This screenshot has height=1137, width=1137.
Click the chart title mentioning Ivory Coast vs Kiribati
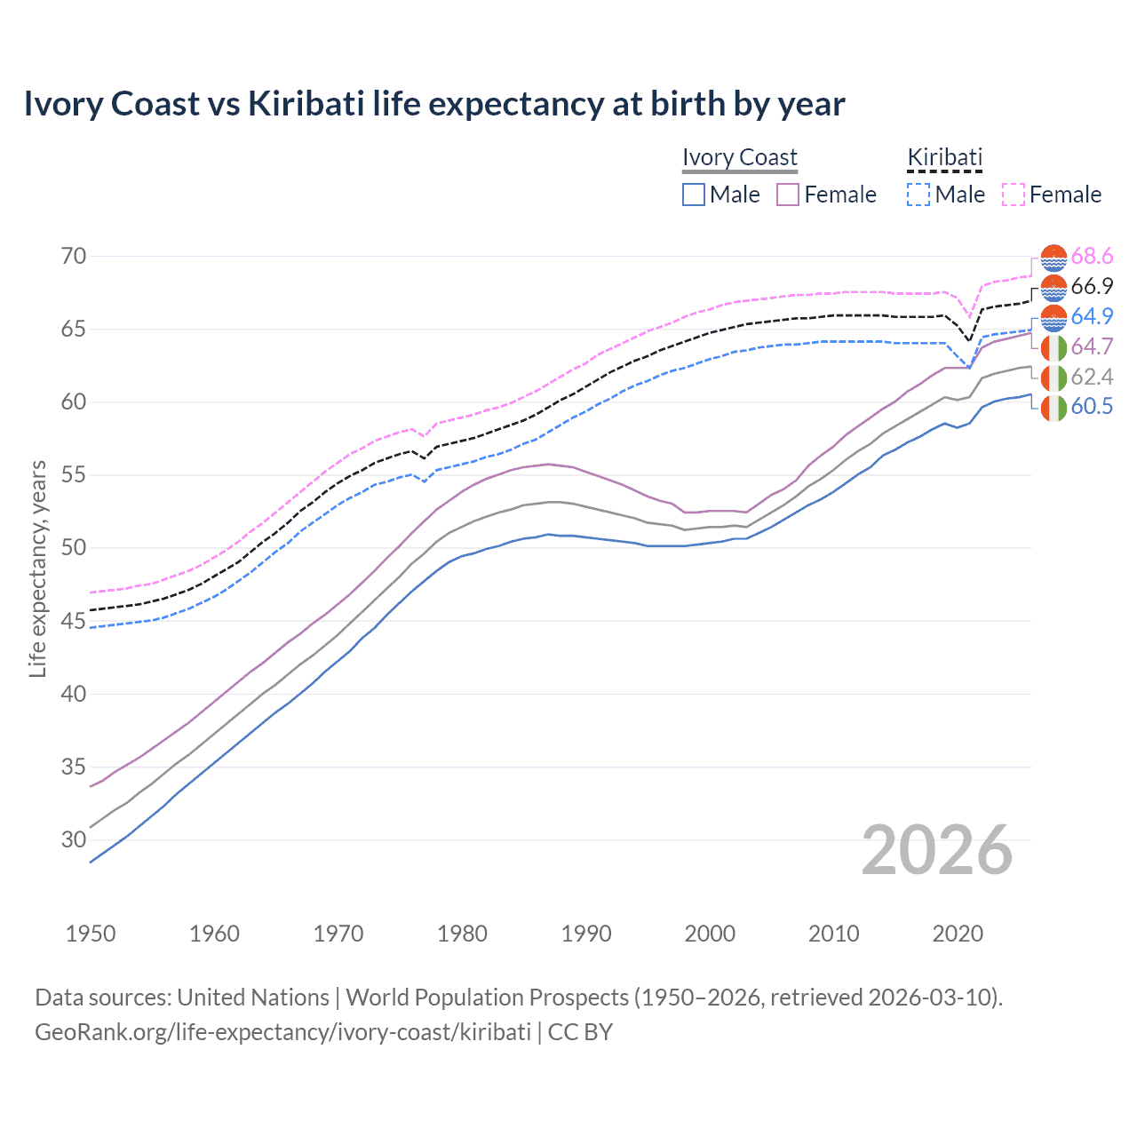[x=433, y=104]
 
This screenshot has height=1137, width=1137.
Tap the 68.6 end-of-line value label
[x=1092, y=257]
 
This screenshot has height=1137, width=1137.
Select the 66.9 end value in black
[x=1092, y=286]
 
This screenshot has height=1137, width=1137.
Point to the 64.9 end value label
[x=1092, y=316]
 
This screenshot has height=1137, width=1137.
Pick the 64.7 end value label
[x=1092, y=346]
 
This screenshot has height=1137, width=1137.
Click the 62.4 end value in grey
[x=1092, y=377]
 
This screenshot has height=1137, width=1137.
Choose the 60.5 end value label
[x=1092, y=407]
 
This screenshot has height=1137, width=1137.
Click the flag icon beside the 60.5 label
[x=1054, y=408]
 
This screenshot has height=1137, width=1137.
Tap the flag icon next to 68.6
[x=1054, y=258]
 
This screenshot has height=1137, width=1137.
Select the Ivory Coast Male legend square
[x=694, y=195]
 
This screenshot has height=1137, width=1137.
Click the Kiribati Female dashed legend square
[x=1014, y=195]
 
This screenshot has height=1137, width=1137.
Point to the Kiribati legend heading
[x=944, y=157]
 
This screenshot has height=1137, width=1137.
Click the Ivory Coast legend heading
[x=740, y=157]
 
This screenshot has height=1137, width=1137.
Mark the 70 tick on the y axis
[x=74, y=257]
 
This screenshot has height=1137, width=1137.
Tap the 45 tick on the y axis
[x=74, y=621]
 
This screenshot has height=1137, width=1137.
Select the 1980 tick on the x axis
[x=463, y=934]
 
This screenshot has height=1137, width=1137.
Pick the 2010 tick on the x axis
[x=834, y=934]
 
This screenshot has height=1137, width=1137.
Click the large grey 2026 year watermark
[x=937, y=850]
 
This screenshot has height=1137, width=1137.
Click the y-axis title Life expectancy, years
[x=37, y=568]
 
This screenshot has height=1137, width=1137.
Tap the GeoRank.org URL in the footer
[x=282, y=1032]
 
